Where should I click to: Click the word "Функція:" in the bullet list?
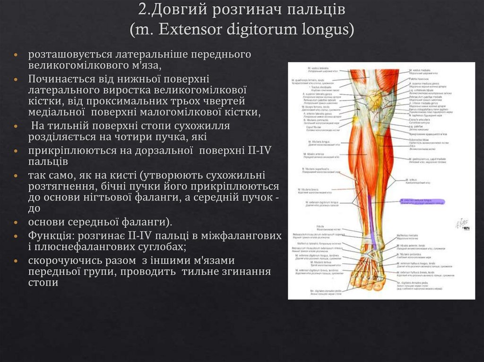[49, 235]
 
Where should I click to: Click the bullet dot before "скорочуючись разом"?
[16, 261]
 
